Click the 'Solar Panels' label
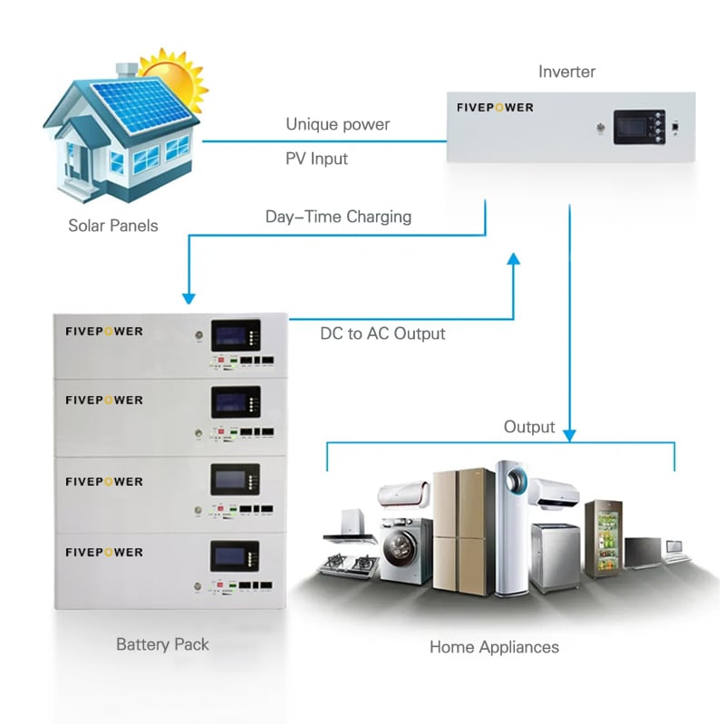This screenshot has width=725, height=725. pos(113,225)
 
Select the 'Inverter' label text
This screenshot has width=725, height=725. pos(568,72)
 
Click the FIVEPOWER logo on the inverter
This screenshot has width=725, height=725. pos(496,108)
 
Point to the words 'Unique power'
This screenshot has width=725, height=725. pos(338,124)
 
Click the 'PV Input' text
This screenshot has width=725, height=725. pos(317,159)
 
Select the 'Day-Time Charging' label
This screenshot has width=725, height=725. pos(338,217)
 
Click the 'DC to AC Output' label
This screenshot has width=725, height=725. pos(382,333)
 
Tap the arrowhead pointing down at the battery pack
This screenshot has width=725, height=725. pos(188,297)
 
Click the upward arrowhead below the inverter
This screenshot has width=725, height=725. pos(514,259)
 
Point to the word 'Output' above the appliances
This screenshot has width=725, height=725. pos(529,426)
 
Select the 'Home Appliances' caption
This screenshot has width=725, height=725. pos(494,647)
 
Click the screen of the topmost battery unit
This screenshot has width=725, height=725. pos(234,334)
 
